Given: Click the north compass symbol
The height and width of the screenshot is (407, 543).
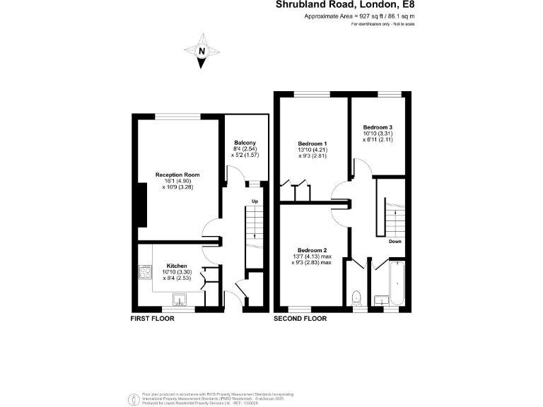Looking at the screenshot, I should coord(202,51).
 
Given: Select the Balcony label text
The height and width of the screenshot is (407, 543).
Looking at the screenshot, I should coord(245,143).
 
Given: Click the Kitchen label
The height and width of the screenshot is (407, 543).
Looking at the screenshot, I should coord(177,266).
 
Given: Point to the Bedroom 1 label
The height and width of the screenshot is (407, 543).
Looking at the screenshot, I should coord(312,144).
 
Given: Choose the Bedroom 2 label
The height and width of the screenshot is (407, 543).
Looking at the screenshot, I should coord(312,250).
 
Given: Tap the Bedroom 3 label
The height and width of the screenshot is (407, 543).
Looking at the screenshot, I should coord(378,127).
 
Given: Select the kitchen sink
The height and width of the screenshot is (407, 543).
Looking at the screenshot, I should coord(178,299).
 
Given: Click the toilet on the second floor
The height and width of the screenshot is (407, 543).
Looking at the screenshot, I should coord(356,297).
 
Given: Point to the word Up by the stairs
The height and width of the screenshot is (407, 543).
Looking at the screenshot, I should coord(255,202).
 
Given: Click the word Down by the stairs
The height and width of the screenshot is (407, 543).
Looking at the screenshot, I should coord(395,242).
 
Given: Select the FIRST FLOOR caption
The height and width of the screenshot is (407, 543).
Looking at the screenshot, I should coord(152,319).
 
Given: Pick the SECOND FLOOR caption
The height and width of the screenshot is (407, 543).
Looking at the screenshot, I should coord(300,319).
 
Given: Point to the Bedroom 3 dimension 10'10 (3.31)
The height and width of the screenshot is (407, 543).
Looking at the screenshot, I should coord(378,134).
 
